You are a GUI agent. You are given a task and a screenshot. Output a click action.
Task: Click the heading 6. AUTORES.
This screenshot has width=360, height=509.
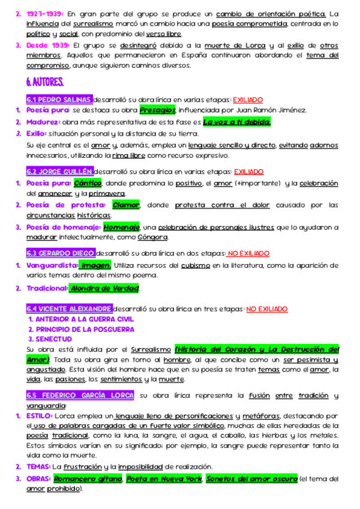[45, 81]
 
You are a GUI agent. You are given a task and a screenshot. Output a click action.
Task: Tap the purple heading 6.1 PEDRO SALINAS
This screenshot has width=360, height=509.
[59, 100]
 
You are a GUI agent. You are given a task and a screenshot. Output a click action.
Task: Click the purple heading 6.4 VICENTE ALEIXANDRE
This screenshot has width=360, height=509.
[69, 309]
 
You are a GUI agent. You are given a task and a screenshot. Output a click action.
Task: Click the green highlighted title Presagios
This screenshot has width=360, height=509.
[157, 110]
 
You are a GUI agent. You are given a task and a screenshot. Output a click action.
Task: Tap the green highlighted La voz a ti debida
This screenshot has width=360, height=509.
[237, 122]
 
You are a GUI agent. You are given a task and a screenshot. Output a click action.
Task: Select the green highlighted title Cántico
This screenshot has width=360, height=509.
[88, 182]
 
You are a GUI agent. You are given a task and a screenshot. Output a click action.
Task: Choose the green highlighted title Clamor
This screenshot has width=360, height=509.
[126, 205]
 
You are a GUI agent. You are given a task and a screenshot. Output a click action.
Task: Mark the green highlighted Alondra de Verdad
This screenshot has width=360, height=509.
[104, 288]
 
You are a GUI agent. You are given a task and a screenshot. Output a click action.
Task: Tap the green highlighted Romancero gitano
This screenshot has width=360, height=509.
[88, 478]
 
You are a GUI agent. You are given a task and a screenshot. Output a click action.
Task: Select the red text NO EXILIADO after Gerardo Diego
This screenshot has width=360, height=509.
[248, 253]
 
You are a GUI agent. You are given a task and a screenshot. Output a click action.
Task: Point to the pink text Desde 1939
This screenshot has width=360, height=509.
[47, 45]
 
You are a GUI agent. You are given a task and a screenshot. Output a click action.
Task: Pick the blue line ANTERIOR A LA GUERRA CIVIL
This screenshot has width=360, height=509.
[80, 319]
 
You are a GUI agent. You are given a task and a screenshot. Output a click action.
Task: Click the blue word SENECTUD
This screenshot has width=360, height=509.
[57, 339]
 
